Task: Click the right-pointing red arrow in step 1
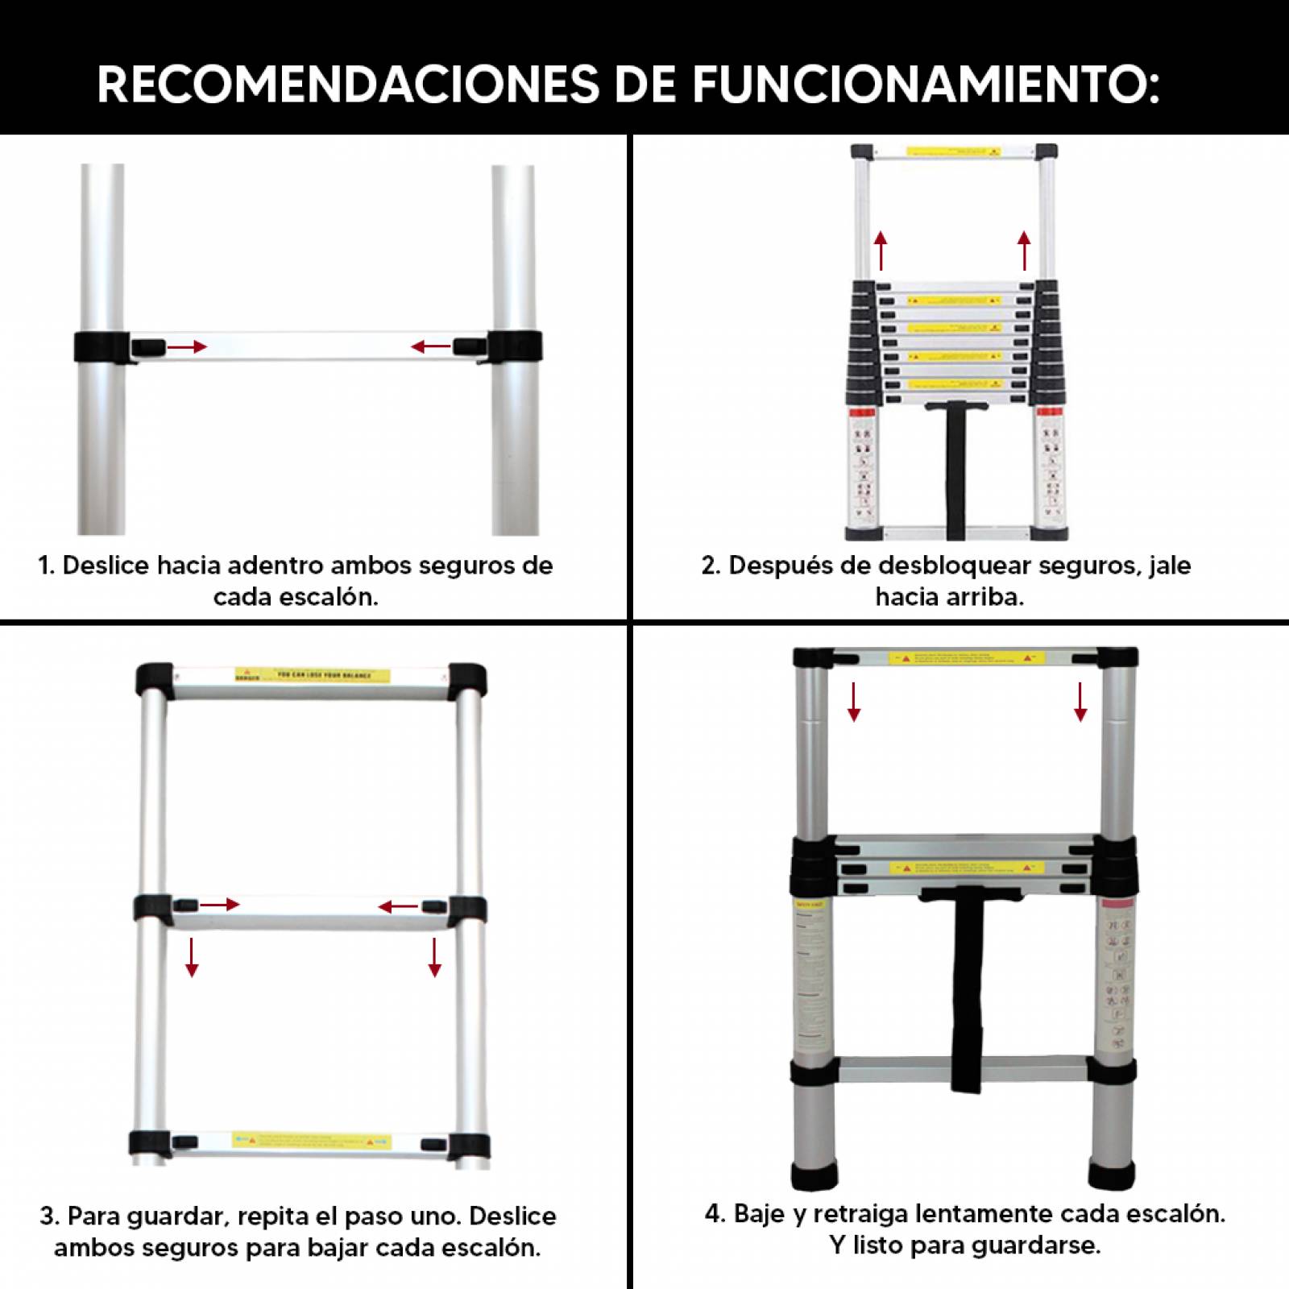tap(187, 347)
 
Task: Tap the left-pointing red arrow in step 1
tap(431, 347)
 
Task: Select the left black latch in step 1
tap(148, 348)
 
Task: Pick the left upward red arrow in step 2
tap(881, 251)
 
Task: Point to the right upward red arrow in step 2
tap(1024, 251)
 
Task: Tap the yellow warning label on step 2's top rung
tap(953, 151)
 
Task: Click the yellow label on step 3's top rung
tap(312, 675)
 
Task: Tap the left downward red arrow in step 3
tap(192, 957)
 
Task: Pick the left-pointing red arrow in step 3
tap(398, 907)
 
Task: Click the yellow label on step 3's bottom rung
tap(312, 1141)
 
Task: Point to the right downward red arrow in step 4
tap(1080, 701)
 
